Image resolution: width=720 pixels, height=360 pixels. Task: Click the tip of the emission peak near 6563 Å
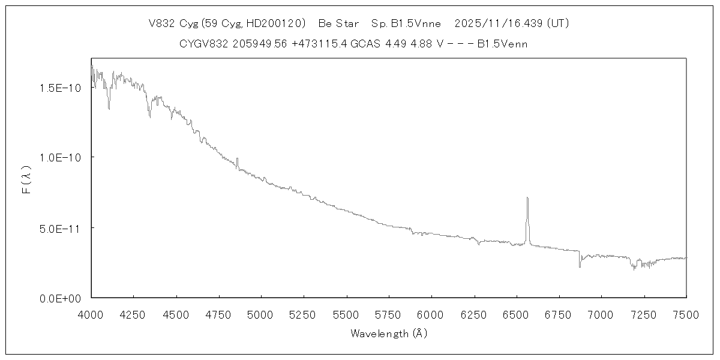click(x=527, y=197)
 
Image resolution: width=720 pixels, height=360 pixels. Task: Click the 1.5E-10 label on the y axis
click(x=56, y=88)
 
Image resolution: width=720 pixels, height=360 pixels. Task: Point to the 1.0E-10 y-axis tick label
click(x=56, y=157)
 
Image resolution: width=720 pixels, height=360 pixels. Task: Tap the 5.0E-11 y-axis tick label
click(x=56, y=228)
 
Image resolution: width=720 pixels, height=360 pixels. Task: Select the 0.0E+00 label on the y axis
click(x=56, y=298)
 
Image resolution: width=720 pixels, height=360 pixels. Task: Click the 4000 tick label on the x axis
click(x=91, y=313)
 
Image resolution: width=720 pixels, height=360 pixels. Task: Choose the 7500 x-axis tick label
click(x=686, y=313)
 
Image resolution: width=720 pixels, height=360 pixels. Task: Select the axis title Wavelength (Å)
click(x=389, y=334)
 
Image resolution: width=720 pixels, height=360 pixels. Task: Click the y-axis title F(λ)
click(x=26, y=181)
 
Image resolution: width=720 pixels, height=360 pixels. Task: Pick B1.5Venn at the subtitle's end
click(x=503, y=44)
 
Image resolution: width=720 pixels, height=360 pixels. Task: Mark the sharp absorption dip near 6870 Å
click(x=580, y=266)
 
